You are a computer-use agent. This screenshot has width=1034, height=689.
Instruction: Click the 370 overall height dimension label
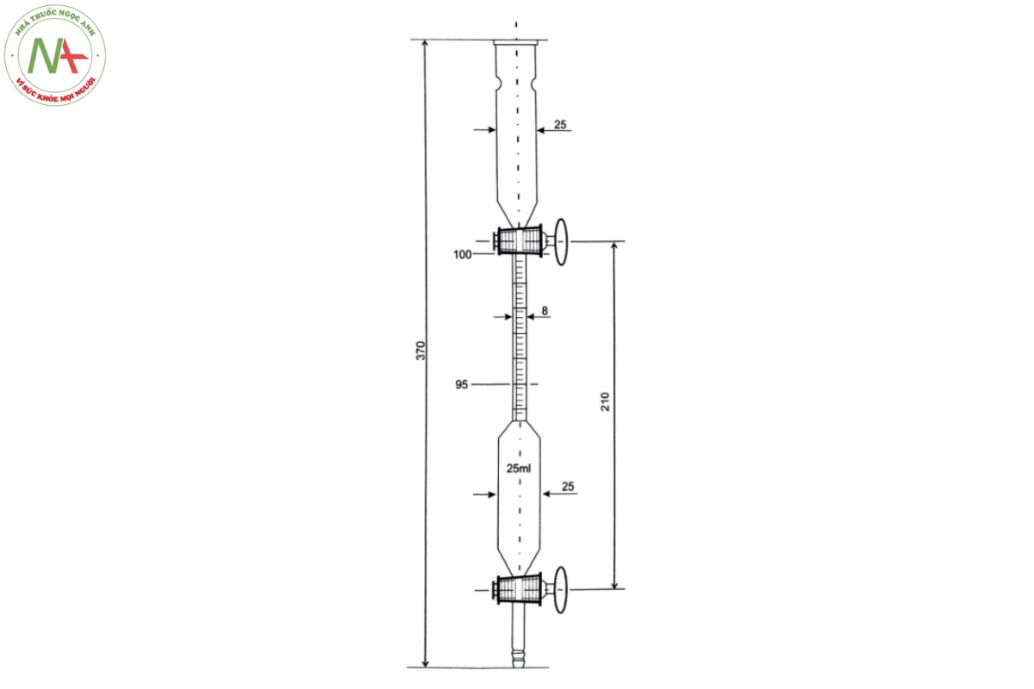coord(420,351)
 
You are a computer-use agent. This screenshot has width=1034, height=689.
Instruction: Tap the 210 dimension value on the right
coord(605,401)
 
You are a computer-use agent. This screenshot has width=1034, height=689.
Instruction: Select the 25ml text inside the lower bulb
coord(519,469)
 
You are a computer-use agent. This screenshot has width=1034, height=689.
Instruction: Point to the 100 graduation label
coord(463,254)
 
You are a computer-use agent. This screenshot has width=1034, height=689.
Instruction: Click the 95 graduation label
coord(462,384)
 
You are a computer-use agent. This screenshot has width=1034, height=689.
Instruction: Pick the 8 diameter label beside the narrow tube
coord(545,311)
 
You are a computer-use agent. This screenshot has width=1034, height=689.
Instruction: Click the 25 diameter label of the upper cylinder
coord(560,125)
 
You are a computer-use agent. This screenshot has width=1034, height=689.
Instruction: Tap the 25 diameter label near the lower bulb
coord(568,487)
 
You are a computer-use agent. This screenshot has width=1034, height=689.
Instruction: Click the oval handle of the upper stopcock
coord(561,242)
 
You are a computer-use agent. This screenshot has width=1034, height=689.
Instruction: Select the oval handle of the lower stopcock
coord(560,590)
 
